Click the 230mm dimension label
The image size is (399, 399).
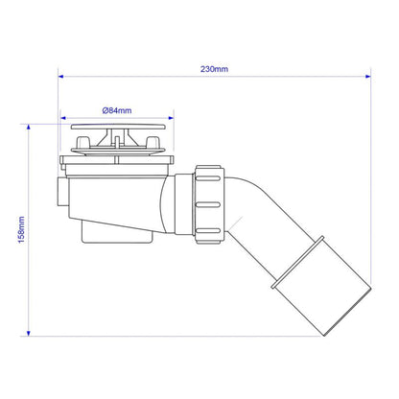[x=214, y=69]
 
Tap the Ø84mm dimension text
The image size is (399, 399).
[x=117, y=110]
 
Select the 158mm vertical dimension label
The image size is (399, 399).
[x=21, y=229]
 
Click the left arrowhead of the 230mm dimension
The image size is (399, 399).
[x=61, y=77]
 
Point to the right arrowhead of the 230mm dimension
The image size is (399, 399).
[x=367, y=77]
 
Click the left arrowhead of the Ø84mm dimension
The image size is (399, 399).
[x=63, y=118]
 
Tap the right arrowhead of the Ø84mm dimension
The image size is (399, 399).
[x=171, y=118]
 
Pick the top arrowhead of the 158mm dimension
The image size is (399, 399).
[x=29, y=127]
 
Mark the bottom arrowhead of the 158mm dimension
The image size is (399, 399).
[x=29, y=333]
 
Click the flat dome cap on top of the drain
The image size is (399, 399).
[x=119, y=127]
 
